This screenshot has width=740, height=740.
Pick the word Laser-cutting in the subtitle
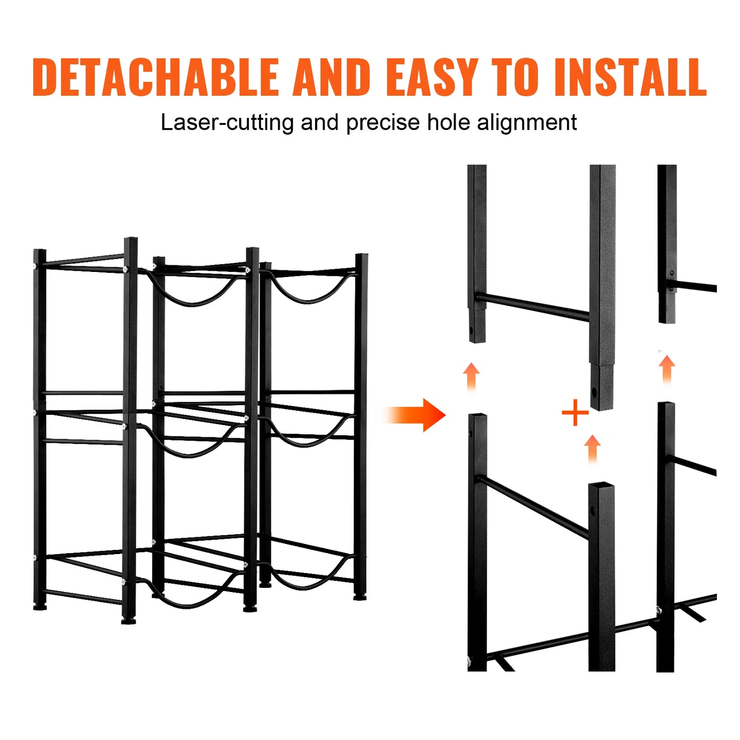pos(227,123)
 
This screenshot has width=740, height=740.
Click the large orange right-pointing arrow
pos(416,415)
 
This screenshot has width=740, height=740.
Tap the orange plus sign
pos(575,413)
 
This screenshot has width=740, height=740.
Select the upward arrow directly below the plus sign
pos(593,449)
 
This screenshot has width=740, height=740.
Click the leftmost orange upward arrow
pos(471,376)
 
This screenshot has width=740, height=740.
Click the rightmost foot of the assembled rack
pos(360,597)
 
